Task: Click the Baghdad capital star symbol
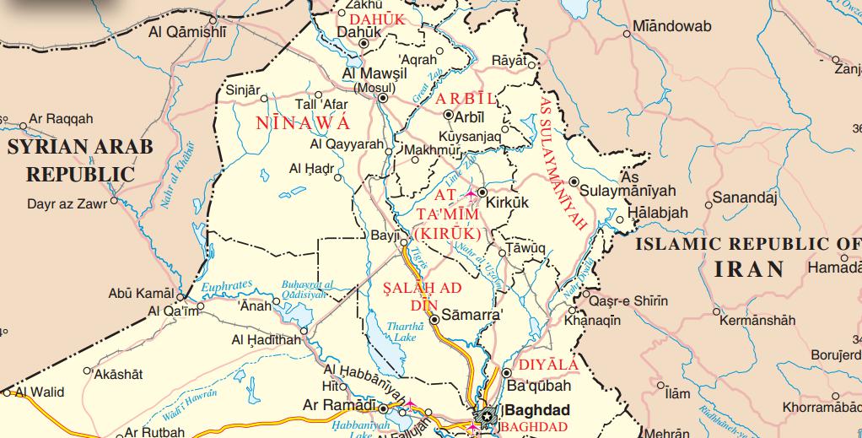click(x=488, y=414)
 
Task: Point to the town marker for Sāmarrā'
click(x=434, y=320)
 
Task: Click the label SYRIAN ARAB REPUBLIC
click(x=80, y=160)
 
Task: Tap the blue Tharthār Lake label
click(x=399, y=332)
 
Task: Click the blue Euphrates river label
click(x=227, y=288)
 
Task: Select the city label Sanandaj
click(x=744, y=198)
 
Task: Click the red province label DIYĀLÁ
click(x=548, y=365)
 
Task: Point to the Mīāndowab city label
click(x=671, y=26)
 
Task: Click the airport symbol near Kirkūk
click(x=471, y=194)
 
